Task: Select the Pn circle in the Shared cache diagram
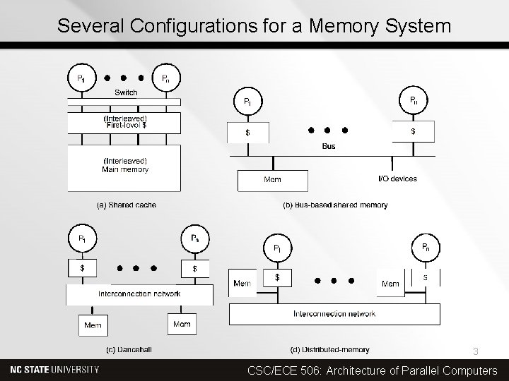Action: (165, 77)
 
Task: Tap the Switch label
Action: (126, 92)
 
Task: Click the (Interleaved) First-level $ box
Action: (124, 122)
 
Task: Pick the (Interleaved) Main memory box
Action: (124, 166)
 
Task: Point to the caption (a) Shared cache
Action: (127, 205)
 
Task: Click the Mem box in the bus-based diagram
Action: (272, 180)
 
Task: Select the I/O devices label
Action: (397, 179)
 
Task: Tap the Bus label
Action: (329, 147)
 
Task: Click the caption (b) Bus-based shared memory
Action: (335, 205)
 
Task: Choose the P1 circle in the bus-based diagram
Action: (247, 101)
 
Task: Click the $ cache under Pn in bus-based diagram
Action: (413, 131)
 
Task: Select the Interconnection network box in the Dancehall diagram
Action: (139, 294)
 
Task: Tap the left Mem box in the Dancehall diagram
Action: (93, 325)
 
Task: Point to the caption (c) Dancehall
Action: (129, 349)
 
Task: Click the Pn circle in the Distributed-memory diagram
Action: (426, 248)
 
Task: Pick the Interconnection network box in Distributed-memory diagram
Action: (334, 314)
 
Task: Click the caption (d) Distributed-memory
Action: (330, 349)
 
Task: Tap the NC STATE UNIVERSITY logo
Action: (55, 370)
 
